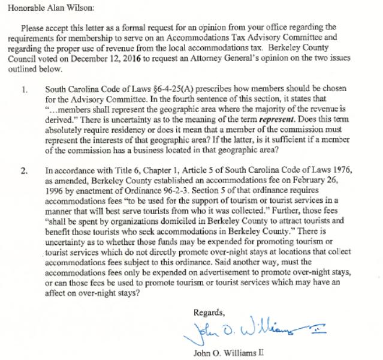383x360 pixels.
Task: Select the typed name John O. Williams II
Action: (229, 352)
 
